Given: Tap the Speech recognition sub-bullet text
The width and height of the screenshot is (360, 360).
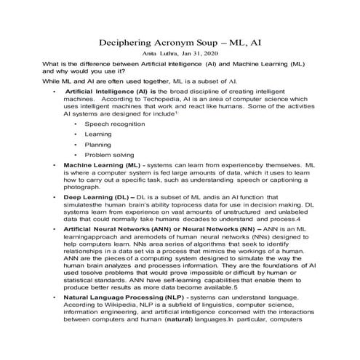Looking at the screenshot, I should [x=114, y=125].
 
